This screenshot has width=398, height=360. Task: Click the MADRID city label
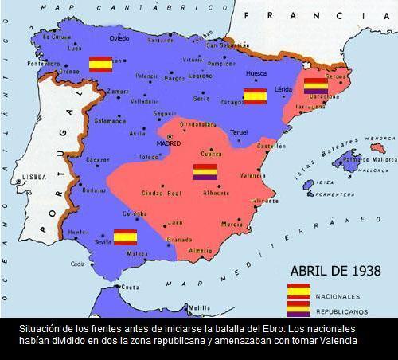click(168, 143)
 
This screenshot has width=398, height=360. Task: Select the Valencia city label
click(252, 174)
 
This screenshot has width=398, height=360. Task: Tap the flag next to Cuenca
click(205, 171)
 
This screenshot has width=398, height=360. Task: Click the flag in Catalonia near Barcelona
click(316, 84)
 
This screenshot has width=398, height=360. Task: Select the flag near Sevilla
click(126, 236)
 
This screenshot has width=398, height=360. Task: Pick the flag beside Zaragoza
click(255, 96)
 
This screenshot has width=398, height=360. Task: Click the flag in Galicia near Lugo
click(100, 65)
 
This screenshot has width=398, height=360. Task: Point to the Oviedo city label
click(119, 38)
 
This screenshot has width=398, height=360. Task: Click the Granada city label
click(179, 239)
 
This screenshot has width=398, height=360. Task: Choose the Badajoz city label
click(93, 190)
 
